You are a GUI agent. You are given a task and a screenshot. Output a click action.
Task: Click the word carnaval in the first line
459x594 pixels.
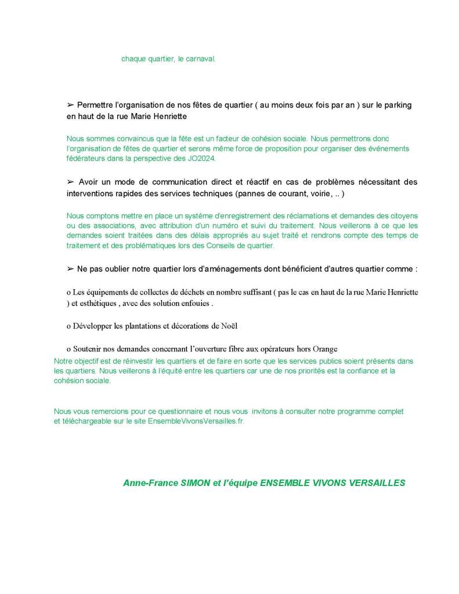(201, 59)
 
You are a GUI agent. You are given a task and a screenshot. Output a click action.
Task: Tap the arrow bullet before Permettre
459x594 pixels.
(70, 105)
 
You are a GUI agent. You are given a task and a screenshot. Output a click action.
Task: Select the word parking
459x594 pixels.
(399, 105)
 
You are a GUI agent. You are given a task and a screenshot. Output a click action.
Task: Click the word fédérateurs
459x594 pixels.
(86, 159)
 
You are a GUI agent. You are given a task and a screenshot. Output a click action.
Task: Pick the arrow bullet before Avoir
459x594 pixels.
(70, 182)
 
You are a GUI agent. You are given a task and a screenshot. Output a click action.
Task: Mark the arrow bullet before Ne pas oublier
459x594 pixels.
(70, 269)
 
